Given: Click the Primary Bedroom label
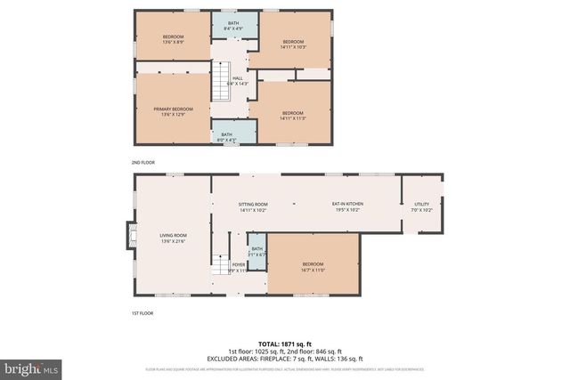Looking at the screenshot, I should (x=171, y=110).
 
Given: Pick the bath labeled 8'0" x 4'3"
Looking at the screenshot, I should (x=232, y=136).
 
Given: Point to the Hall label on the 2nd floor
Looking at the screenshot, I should (x=238, y=80).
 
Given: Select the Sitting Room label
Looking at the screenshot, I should (x=253, y=207).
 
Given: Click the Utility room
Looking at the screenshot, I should (x=421, y=207).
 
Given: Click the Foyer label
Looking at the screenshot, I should (x=239, y=266).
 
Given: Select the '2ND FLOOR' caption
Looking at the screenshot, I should (x=143, y=164).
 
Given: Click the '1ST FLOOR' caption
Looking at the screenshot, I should (x=142, y=313).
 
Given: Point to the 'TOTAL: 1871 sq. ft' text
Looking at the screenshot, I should (x=285, y=343).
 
